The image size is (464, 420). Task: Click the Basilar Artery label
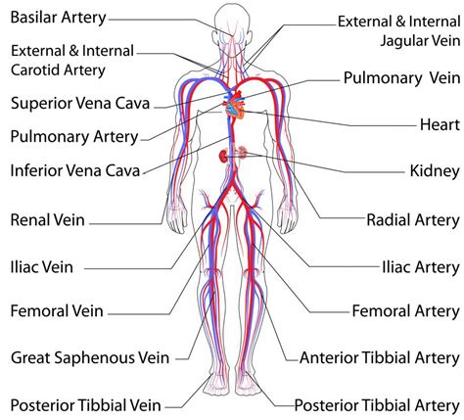tap(59, 18)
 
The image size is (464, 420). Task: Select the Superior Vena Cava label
tap(80, 103)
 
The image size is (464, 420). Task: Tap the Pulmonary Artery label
tap(74, 137)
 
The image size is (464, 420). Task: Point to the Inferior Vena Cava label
tap(75, 170)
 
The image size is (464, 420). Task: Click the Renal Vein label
tap(48, 220)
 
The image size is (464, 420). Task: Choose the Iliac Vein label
tap(42, 267)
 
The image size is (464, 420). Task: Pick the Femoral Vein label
tap(57, 310)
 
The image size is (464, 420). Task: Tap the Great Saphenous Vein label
tap(90, 358)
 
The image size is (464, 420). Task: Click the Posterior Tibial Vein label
tap(86, 405)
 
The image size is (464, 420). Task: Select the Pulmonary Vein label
tap(402, 78)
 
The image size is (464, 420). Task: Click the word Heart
tap(440, 124)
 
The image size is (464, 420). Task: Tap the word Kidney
tap(435, 171)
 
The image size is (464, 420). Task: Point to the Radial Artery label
tap(413, 220)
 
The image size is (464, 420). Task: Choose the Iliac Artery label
tap(421, 267)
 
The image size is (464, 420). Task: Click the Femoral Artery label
tap(406, 311)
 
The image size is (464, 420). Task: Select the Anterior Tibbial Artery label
tap(380, 358)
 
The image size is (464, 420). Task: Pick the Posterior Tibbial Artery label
tap(377, 405)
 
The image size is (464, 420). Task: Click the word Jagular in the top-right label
tap(403, 41)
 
